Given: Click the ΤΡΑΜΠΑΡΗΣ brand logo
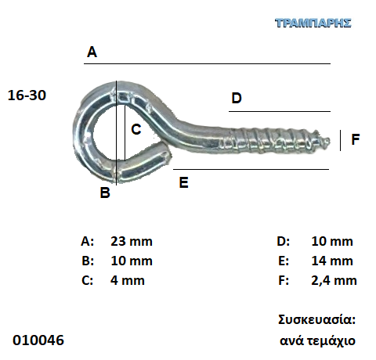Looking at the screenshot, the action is tap(313, 23).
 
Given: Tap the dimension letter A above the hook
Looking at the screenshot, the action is tap(92, 52).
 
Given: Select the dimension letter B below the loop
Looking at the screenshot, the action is tap(105, 193).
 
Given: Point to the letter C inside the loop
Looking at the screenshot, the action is tap(136, 129).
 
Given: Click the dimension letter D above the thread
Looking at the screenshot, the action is tap(237, 99).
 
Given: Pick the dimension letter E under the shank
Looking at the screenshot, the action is tap(183, 182).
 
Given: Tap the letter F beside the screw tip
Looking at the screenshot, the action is tap(356, 139).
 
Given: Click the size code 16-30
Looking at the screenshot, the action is tap(27, 95).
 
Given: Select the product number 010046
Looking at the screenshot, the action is tap(38, 340).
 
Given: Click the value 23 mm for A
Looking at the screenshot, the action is tap(132, 241).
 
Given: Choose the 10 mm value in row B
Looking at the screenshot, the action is tap(132, 261).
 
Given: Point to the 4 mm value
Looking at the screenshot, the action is tap(128, 280).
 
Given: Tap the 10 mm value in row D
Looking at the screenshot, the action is tap(332, 241).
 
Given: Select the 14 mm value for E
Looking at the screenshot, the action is tap(332, 261).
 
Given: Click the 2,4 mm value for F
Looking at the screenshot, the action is tap(334, 281).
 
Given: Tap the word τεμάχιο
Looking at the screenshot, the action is tap(331, 341).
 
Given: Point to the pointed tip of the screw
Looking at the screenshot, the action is tap(329, 141).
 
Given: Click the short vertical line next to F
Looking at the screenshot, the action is tap(340, 141).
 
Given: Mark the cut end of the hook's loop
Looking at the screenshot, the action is tap(168, 156).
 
